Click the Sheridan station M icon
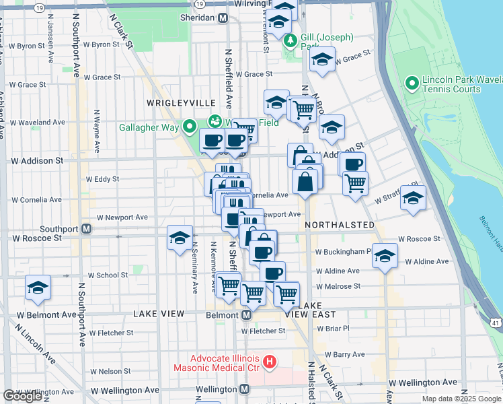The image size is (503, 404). pyautogui.click(x=223, y=18)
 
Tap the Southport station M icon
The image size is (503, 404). pyautogui.click(x=87, y=229)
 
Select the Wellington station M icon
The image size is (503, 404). pyautogui.click(x=244, y=389)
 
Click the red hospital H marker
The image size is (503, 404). pyautogui.click(x=270, y=363)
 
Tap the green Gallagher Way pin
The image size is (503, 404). pyautogui.click(x=190, y=126)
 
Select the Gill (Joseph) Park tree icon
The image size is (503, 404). pyautogui.click(x=291, y=41)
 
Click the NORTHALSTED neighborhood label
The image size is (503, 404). pyautogui.click(x=339, y=224)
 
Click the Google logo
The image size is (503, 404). pyautogui.click(x=22, y=396)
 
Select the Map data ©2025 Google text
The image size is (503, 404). pyautogui.click(x=461, y=399)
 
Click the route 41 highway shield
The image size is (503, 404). pyautogui.click(x=496, y=323)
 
